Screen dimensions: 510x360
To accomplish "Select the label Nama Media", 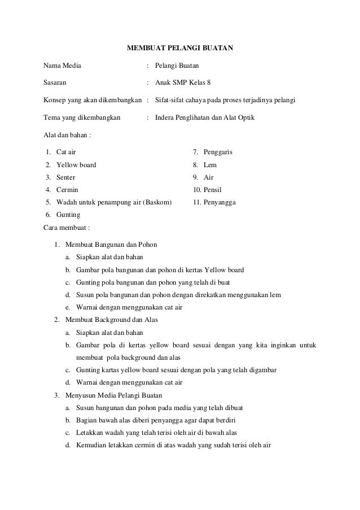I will coord(62,66).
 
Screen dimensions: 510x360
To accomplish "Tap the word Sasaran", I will coord(55,83).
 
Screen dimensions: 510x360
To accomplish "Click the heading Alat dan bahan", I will coord(67,136).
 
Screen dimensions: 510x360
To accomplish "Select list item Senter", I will coord(66,177).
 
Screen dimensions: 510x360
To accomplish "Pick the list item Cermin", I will coord(67,190).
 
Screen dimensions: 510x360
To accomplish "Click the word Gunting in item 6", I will coord(68,215).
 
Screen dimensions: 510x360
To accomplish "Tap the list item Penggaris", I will coord(218,152).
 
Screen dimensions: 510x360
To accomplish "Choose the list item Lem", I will coord(210,165).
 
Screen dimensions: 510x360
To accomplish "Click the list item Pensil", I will coord(213,190).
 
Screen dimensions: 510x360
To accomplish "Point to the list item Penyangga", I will coord(219,202).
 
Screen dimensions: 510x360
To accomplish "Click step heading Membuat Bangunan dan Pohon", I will coord(111,245).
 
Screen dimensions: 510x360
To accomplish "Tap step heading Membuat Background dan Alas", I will coord(111,320).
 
